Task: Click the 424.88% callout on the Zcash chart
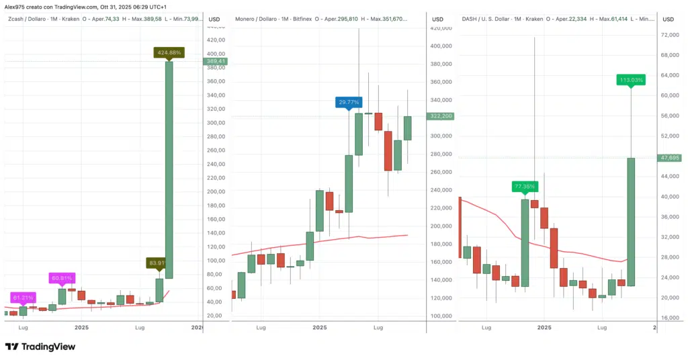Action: coord(169,52)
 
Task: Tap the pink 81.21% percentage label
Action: coord(24,297)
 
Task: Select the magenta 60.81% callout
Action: coord(61,277)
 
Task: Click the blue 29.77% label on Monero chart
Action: coord(349,102)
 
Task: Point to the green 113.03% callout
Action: coord(632,80)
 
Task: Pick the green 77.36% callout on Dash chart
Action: coord(524,186)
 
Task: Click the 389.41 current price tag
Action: coord(216,62)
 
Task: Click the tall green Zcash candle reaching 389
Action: coord(169,168)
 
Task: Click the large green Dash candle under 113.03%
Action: coord(632,222)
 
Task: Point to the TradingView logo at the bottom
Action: coord(40,347)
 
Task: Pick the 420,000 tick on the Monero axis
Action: coord(441,28)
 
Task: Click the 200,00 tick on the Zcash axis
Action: coord(216,191)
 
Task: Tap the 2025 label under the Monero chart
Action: coord(320,327)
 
